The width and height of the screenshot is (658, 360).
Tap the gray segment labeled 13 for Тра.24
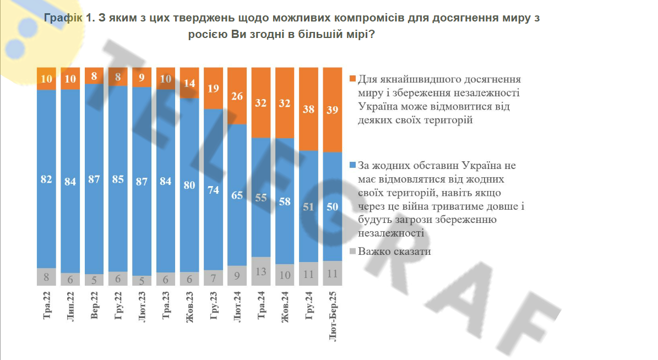coord(261,271)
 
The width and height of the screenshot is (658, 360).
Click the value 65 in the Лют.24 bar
coord(237,194)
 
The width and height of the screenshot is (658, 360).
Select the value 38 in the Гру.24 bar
coord(309,110)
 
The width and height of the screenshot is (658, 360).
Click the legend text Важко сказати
coord(394,252)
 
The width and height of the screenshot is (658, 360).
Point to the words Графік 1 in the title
coord(68,18)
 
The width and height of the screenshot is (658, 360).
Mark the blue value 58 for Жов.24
coord(285,201)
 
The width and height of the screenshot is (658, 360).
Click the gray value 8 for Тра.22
coord(47,277)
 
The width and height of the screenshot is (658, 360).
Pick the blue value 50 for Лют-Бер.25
coord(333,206)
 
